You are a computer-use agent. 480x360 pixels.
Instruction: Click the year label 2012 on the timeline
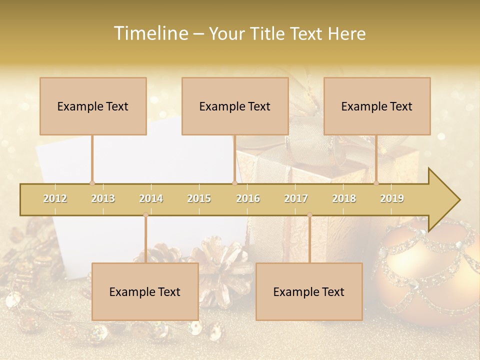(x=55, y=198)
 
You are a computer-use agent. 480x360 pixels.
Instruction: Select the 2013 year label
(x=103, y=198)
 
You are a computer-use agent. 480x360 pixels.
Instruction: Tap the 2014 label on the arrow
(x=151, y=198)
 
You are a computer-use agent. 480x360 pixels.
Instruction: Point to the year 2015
(x=199, y=198)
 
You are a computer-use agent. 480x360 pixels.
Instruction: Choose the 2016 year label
(x=248, y=198)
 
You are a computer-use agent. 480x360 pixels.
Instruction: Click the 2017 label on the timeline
(x=296, y=198)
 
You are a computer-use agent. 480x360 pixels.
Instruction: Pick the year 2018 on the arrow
(x=344, y=198)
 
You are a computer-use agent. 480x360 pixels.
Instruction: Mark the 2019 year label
(x=392, y=198)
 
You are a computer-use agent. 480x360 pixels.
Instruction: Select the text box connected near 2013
(x=93, y=106)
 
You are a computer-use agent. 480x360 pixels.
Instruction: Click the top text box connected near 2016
(x=235, y=106)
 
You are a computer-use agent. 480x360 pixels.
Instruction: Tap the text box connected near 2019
(x=377, y=106)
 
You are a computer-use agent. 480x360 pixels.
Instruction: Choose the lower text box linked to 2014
(x=145, y=291)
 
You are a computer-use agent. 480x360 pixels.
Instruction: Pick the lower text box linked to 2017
(x=309, y=291)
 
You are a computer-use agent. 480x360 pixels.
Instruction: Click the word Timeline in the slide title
(x=150, y=33)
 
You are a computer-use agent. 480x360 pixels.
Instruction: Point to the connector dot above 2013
(x=92, y=183)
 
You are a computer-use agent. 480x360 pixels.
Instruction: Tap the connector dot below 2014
(x=145, y=215)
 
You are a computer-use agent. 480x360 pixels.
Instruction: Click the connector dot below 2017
(x=309, y=215)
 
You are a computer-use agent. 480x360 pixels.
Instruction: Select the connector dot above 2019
(x=376, y=183)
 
